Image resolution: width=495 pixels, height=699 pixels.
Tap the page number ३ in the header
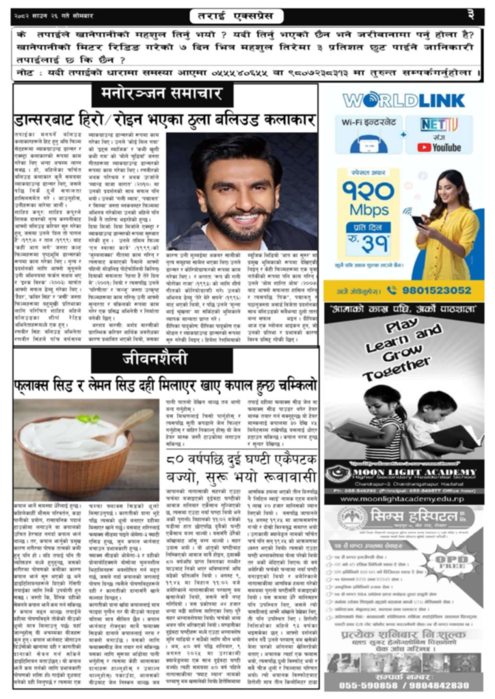(x=471, y=14)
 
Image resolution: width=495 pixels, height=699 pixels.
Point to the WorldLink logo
(x=403, y=100)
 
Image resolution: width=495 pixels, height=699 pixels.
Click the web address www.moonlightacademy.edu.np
(x=403, y=499)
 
